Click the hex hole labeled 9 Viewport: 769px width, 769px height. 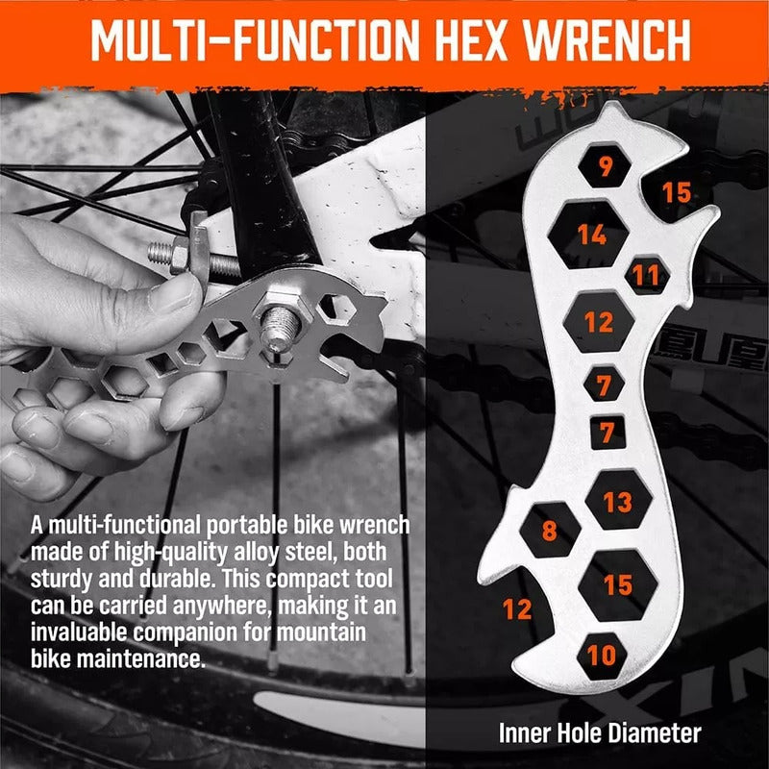click(605, 165)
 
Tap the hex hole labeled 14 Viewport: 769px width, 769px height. click(588, 235)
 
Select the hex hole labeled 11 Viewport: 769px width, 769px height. click(647, 275)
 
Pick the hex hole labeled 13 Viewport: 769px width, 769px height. click(618, 500)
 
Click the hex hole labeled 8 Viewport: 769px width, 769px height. click(550, 531)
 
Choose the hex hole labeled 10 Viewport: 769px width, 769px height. click(602, 656)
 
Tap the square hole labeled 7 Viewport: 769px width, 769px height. click(608, 433)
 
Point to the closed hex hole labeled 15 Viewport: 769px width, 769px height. click(618, 585)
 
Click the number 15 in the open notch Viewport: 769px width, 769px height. click(677, 192)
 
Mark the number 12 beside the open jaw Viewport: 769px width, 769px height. click(517, 609)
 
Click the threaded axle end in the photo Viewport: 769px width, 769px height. click(280, 328)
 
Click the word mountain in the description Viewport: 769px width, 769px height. click(321, 632)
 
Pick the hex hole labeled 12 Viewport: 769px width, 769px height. click(598, 322)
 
